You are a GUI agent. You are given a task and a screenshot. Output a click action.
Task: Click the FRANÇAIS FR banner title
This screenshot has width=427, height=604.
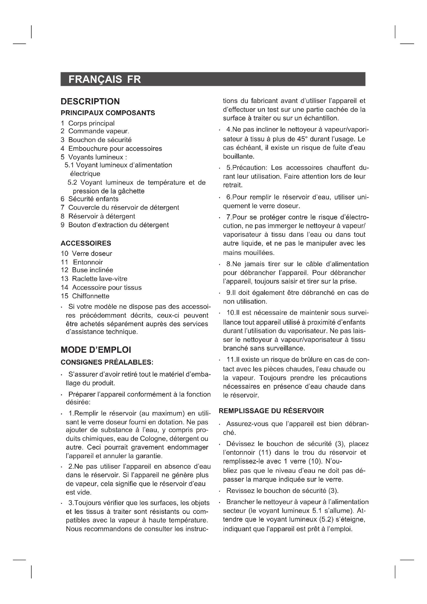(105, 79)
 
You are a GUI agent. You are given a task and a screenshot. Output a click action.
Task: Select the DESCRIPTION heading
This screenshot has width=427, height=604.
(90, 101)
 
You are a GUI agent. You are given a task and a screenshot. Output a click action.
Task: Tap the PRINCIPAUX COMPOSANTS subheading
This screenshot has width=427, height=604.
(108, 113)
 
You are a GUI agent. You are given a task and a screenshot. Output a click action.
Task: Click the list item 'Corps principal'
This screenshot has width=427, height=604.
(91, 123)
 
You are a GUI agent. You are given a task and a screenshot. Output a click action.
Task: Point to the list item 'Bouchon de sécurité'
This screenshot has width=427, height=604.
(100, 140)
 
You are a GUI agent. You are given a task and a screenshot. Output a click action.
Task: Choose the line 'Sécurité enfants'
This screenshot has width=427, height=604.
(93, 199)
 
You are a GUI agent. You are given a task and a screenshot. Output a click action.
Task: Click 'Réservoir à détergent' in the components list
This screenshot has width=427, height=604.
(101, 216)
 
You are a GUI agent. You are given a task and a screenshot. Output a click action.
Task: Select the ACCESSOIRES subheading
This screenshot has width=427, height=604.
(86, 243)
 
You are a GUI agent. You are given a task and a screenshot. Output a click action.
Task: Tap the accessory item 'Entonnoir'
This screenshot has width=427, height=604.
(88, 262)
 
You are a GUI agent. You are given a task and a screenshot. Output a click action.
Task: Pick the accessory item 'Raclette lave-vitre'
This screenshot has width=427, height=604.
(100, 279)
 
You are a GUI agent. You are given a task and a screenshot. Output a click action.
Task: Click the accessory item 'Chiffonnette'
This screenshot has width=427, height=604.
(91, 296)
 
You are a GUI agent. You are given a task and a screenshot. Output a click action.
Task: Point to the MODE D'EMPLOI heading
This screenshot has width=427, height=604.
(96, 350)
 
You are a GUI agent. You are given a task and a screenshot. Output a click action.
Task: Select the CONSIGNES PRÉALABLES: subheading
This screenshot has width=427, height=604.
(107, 362)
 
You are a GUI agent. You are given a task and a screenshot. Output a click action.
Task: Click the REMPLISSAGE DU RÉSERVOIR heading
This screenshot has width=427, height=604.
(271, 411)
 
